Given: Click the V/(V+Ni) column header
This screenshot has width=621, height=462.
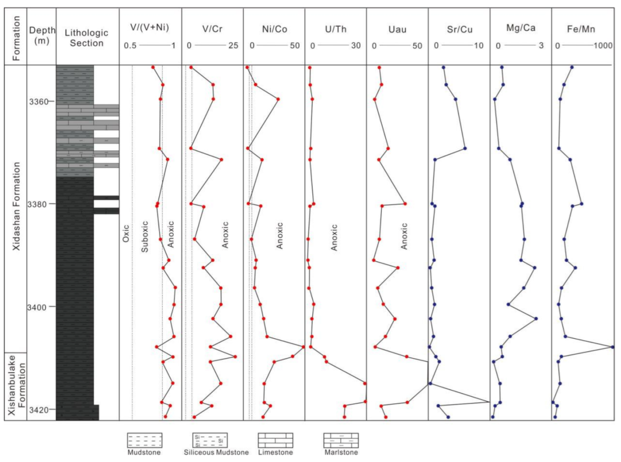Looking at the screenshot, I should [x=149, y=28].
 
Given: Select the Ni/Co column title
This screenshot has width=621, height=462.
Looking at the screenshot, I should [x=274, y=29].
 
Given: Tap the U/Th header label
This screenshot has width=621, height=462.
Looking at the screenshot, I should [x=336, y=29].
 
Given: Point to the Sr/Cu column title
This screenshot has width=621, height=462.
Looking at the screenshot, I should [x=460, y=29].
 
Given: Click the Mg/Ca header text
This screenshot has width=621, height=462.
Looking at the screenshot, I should [x=521, y=28].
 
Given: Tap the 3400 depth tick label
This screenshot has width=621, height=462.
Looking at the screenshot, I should [x=37, y=307].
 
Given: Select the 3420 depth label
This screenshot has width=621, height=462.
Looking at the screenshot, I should [x=38, y=409].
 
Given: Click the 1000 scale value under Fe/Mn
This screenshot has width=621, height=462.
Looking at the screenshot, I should [x=603, y=46].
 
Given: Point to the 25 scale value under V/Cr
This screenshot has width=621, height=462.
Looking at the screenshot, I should [x=233, y=46].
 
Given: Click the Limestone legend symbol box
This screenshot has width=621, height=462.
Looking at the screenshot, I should [x=275, y=440].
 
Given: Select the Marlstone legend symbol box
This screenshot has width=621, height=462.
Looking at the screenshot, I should [x=341, y=440].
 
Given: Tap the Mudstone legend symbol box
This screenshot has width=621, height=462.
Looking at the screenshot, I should [x=145, y=440].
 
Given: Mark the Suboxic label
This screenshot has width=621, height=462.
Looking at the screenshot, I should [x=145, y=236].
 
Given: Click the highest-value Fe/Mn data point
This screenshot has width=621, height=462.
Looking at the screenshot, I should [x=612, y=347].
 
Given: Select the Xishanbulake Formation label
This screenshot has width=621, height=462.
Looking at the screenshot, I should [x=17, y=384].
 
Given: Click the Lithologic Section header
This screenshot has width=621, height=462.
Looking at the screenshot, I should [x=87, y=38].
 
